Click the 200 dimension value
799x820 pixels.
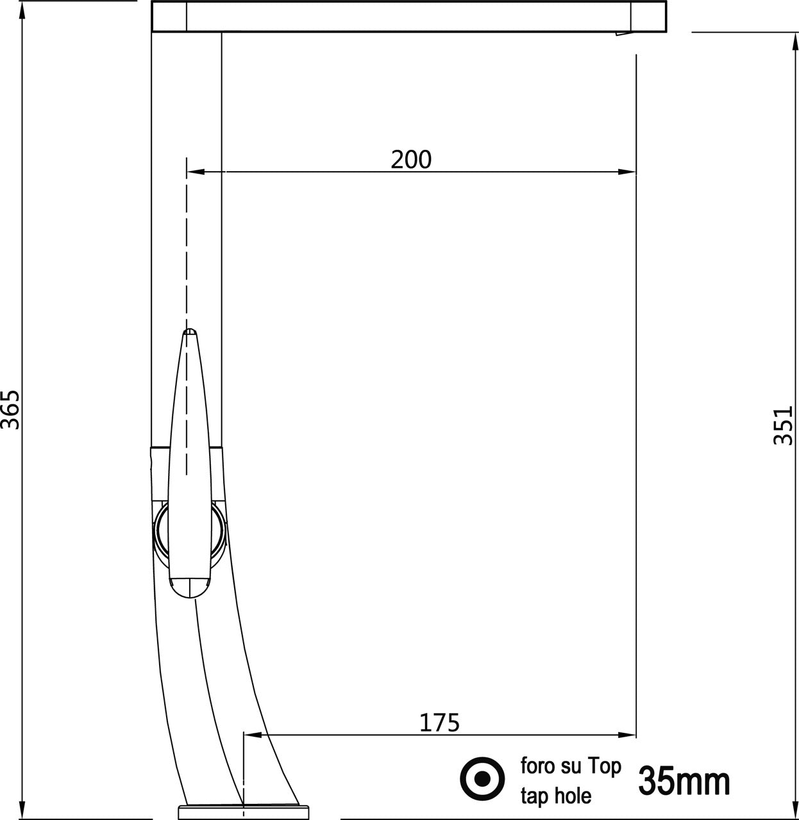click(411, 160)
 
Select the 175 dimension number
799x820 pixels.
click(439, 723)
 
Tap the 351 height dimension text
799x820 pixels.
click(784, 425)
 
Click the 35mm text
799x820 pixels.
click(684, 780)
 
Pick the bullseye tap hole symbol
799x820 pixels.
click(483, 779)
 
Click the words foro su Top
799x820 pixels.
click(570, 766)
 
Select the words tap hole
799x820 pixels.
click(555, 796)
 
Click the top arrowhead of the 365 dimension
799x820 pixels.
click(22, 10)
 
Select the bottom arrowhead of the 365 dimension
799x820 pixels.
click(22, 810)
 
